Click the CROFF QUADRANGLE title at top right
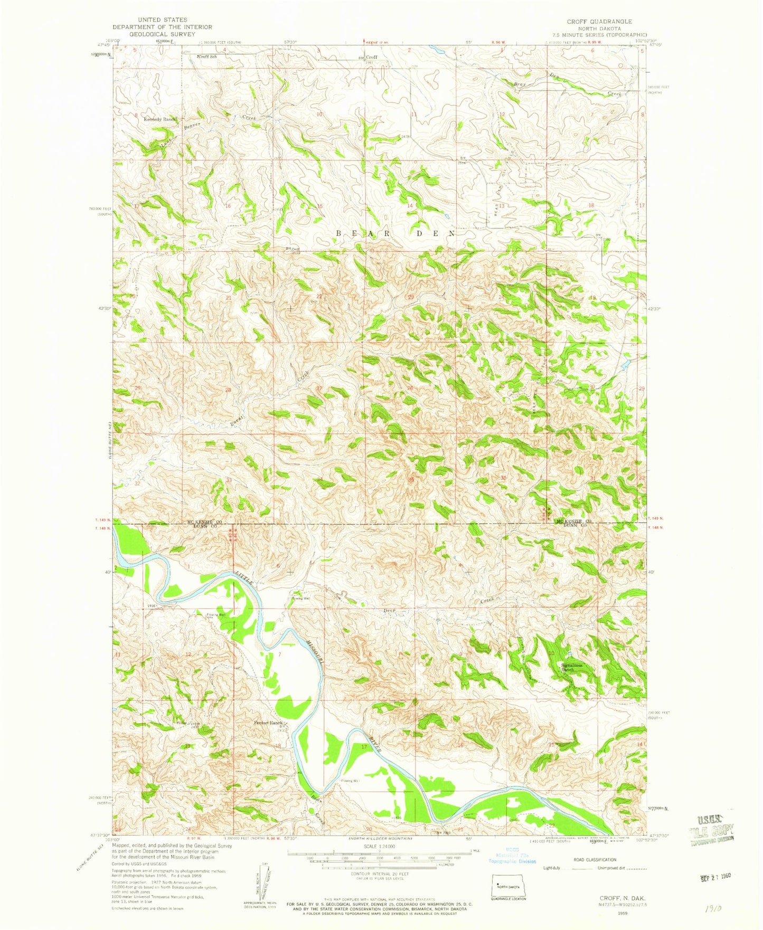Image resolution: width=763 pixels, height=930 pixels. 599,21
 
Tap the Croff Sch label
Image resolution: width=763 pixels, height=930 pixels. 206,56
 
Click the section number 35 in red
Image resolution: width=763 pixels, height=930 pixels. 411,480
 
